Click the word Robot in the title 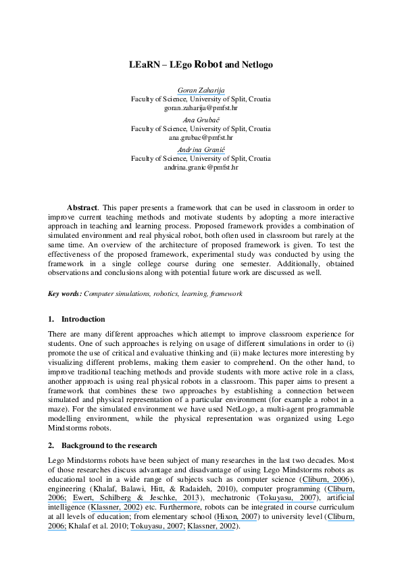click(209, 66)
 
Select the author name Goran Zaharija click(201, 91)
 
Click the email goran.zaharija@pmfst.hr click(201, 107)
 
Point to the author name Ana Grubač click(201, 120)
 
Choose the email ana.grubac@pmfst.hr click(201, 137)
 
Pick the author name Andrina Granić click(201, 149)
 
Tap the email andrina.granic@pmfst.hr click(201, 166)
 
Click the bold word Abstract click(82, 207)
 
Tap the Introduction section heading click(83, 319)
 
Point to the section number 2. click(51, 445)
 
